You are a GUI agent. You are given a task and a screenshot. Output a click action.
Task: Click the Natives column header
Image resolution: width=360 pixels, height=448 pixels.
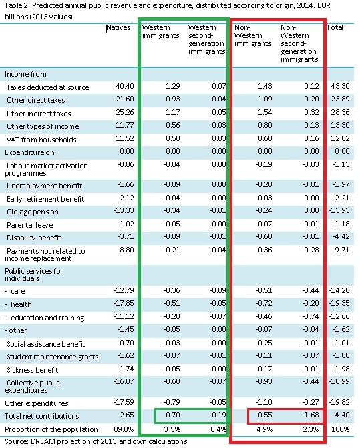tap(118, 28)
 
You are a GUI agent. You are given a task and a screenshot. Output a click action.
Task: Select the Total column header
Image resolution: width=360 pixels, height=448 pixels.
tap(335, 27)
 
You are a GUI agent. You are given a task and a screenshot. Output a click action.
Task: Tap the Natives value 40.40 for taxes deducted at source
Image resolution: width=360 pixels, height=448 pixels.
tap(125, 86)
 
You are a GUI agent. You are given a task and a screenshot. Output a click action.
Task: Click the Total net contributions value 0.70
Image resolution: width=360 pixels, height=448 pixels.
tap(173, 415)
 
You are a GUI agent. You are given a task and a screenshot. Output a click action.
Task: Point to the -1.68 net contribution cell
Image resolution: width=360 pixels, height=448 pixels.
tap(310, 415)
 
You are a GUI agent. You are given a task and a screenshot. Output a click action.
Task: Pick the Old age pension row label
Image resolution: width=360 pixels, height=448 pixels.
tap(33, 212)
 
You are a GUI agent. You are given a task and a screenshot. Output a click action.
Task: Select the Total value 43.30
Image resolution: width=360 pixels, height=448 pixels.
tap(340, 86)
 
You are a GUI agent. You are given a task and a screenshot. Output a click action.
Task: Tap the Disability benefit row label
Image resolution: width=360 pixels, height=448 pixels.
tap(33, 238)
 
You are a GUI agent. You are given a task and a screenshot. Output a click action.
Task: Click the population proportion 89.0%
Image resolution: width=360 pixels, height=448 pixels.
tap(124, 429)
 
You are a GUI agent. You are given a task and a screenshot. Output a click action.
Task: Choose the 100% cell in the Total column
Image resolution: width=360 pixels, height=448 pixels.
tap(340, 429)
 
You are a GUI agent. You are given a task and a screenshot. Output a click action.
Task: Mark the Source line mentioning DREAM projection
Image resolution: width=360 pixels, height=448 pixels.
tap(96, 441)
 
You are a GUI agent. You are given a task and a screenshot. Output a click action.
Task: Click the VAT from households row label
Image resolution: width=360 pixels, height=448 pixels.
tap(41, 140)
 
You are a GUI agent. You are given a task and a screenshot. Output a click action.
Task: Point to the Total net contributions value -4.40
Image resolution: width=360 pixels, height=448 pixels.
tap(341, 415)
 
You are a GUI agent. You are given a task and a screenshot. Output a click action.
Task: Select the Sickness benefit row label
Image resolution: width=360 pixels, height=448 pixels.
tap(32, 371)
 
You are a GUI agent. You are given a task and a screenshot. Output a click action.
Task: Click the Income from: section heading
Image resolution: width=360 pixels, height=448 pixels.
tap(26, 75)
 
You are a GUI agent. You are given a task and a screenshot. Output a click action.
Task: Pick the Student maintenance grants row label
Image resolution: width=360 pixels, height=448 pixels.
tap(53, 357)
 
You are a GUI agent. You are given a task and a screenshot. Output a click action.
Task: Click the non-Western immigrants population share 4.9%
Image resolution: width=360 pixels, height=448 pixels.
tap(264, 429)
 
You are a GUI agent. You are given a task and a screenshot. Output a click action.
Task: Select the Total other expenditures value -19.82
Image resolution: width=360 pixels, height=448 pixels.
tap(339, 403)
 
